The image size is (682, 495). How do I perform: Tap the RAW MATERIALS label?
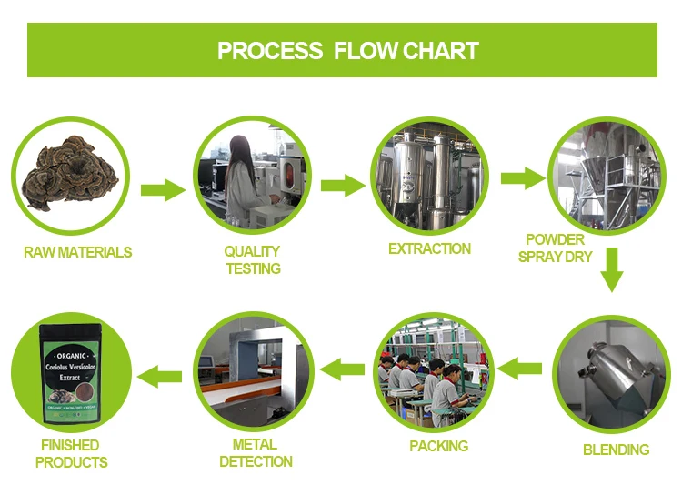click(x=77, y=252)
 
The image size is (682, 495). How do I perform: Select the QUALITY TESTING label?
click(x=252, y=259)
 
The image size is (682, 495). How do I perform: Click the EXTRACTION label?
click(x=429, y=248)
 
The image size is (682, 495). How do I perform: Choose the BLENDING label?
click(x=616, y=450)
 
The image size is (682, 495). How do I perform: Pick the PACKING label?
click(x=438, y=446)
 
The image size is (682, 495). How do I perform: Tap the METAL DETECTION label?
click(x=256, y=453)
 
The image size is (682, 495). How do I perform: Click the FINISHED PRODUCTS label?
click(x=73, y=453)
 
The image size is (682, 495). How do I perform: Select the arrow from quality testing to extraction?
click(x=342, y=186)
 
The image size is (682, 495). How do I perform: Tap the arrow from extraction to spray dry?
click(x=522, y=177)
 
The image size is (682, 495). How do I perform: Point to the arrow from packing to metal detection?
click(x=345, y=369)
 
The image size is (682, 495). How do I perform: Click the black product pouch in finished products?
click(x=71, y=375)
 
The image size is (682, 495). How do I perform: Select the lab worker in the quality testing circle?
click(x=243, y=173)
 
